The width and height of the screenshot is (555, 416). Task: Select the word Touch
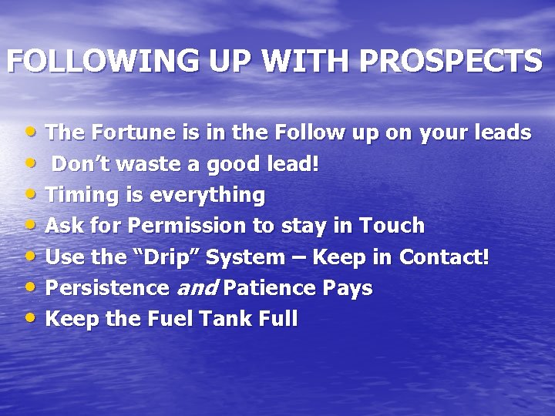(390, 226)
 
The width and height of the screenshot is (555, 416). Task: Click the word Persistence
(107, 288)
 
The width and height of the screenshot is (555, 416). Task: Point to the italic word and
(197, 288)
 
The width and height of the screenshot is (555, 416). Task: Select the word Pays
(348, 289)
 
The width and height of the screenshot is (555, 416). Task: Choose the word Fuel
(155, 319)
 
